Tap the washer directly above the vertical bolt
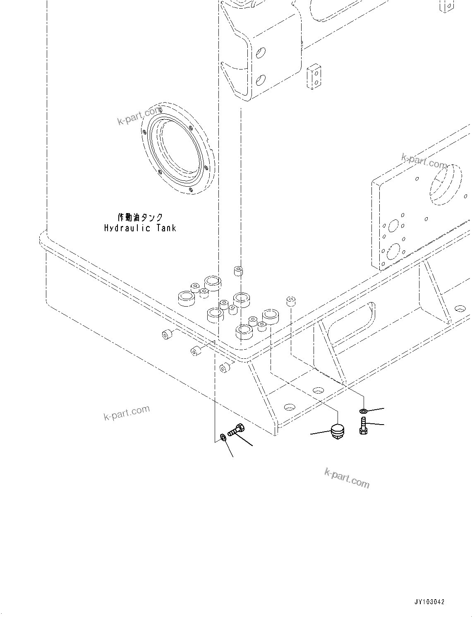[x=363, y=411]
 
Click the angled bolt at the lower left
[x=235, y=430]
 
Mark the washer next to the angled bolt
[x=223, y=437]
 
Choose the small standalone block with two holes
[x=314, y=76]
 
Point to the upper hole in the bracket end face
[x=261, y=53]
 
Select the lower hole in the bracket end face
[x=261, y=79]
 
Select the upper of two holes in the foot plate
[x=318, y=390]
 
